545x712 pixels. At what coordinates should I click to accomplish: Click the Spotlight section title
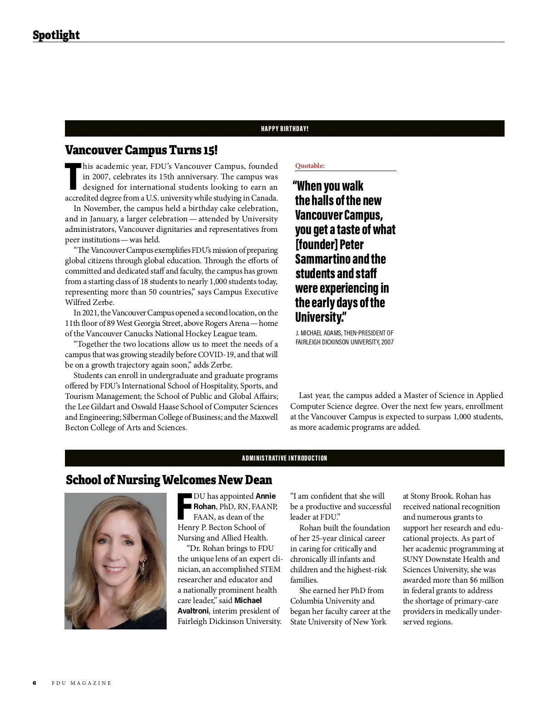point(56,35)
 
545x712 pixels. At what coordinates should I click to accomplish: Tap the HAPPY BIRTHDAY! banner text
point(285,129)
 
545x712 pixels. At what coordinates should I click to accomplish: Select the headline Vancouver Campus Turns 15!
point(141,150)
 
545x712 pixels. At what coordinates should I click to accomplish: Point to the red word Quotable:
point(310,166)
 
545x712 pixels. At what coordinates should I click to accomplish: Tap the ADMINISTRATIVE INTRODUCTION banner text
point(285,458)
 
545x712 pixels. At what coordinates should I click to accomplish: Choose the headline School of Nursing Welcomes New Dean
point(169,480)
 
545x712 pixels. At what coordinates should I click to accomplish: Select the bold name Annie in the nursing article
point(266,496)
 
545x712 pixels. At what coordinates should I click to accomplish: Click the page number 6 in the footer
point(34,683)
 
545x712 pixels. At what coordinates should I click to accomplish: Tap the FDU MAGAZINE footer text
point(81,683)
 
